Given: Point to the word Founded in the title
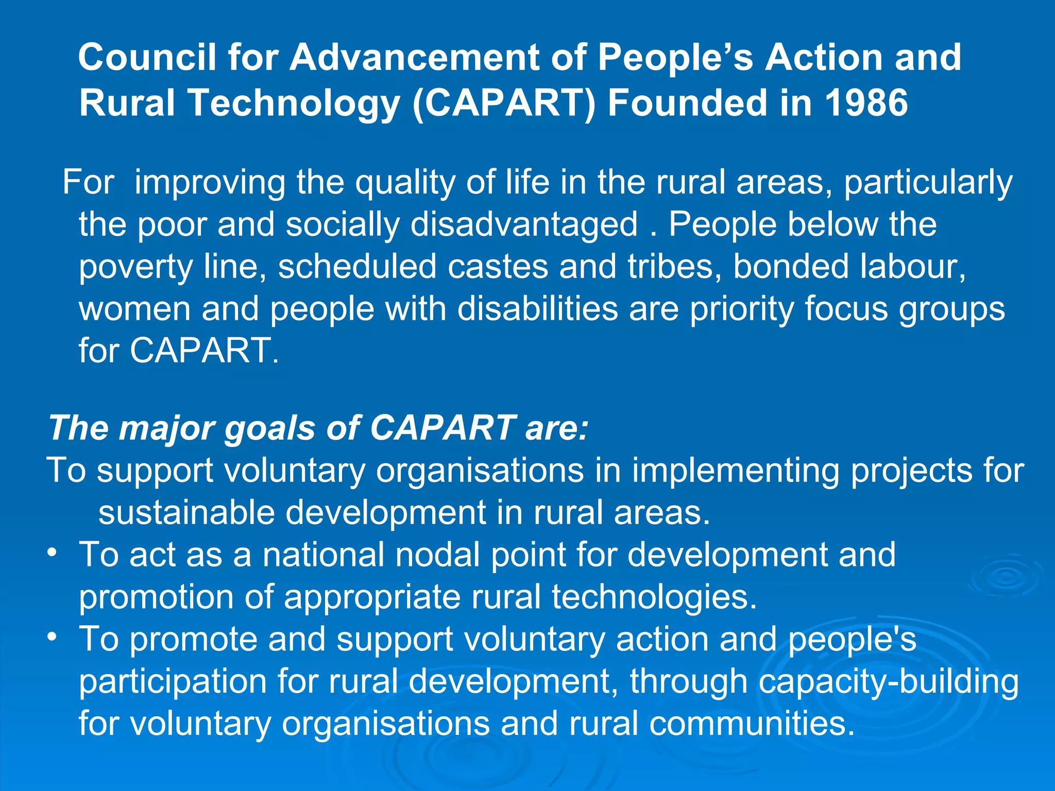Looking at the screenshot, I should [x=688, y=102].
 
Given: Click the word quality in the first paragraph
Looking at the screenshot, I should [x=405, y=183].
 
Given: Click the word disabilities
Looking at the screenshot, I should [x=537, y=309].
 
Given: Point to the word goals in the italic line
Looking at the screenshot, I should [x=269, y=428].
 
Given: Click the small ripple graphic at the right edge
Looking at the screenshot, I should [x=1005, y=577].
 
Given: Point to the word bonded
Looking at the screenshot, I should [x=790, y=267].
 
